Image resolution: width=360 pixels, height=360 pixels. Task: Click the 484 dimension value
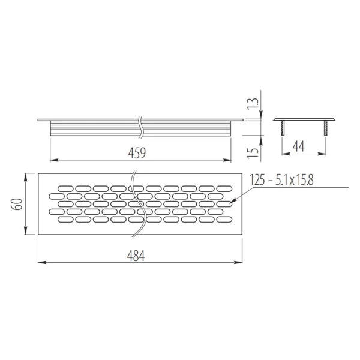coord(136,256)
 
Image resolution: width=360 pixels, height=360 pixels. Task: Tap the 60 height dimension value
coord(19,203)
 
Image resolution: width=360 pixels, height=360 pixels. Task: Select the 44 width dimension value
coord(299,146)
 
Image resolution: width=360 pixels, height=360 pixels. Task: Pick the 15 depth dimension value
coord(253,152)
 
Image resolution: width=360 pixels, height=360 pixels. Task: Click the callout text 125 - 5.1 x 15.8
coord(281,180)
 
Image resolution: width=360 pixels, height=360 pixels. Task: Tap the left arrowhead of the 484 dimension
coord(41,262)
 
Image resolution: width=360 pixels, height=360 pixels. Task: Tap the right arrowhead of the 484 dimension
coord(239,262)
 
